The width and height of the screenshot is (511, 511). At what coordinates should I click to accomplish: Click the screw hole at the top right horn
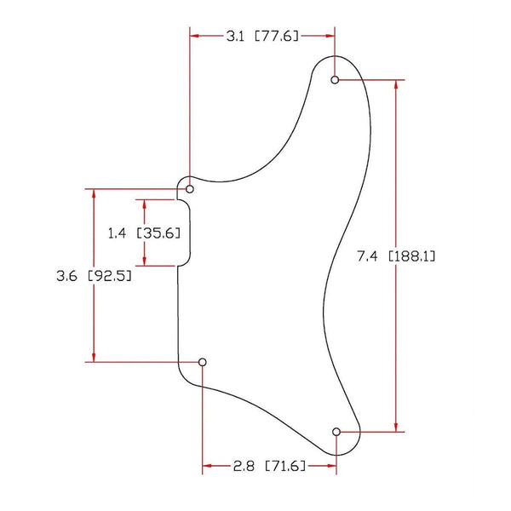point(335,80)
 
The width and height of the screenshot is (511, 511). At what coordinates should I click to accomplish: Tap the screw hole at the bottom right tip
point(336,432)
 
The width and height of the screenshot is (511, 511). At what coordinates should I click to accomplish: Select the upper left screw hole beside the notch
point(190,188)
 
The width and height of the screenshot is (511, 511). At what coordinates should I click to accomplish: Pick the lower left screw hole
point(203,362)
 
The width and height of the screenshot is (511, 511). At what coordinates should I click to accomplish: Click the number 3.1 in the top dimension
point(236,37)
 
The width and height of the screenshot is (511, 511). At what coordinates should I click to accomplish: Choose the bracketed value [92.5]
point(109,276)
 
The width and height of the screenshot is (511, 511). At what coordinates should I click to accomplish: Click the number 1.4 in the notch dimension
point(118,233)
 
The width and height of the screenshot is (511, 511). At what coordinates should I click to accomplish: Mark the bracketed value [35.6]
point(158,233)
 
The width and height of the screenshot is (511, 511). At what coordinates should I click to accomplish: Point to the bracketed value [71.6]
point(286,467)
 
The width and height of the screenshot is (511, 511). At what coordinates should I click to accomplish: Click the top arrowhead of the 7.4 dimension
point(395,86)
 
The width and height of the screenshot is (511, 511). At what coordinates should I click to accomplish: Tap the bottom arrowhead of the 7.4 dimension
point(395,426)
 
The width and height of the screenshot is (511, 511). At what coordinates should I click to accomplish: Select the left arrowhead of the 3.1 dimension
point(195,37)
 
